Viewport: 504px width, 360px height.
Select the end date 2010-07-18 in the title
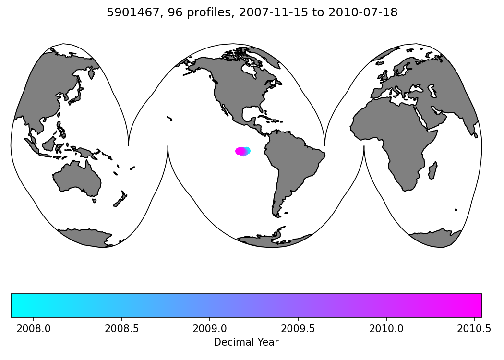[363, 13]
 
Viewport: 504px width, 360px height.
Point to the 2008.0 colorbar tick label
[33, 329]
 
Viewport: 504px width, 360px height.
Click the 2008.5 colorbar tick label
[121, 329]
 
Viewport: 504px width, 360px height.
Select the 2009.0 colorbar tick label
[210, 329]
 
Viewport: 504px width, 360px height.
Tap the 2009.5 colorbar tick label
[298, 329]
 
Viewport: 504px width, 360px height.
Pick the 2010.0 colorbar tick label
[386, 329]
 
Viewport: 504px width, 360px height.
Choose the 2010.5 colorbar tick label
[474, 329]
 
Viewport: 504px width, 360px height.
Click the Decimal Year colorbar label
[246, 342]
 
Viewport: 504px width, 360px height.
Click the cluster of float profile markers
[242, 151]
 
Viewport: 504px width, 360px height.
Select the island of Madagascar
[432, 170]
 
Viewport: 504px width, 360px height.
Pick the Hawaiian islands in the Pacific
[169, 119]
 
